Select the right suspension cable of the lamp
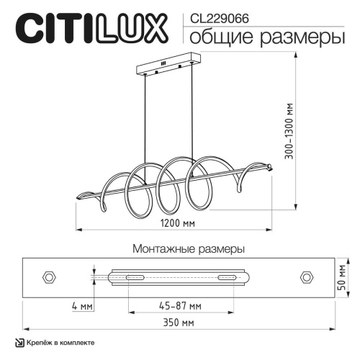[x=193, y=115]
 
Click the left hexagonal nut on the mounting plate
[x=50, y=276]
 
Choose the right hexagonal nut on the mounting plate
[x=305, y=276]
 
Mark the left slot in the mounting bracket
[x=135, y=277]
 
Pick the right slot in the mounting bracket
[x=226, y=277]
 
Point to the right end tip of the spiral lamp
[x=271, y=167]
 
